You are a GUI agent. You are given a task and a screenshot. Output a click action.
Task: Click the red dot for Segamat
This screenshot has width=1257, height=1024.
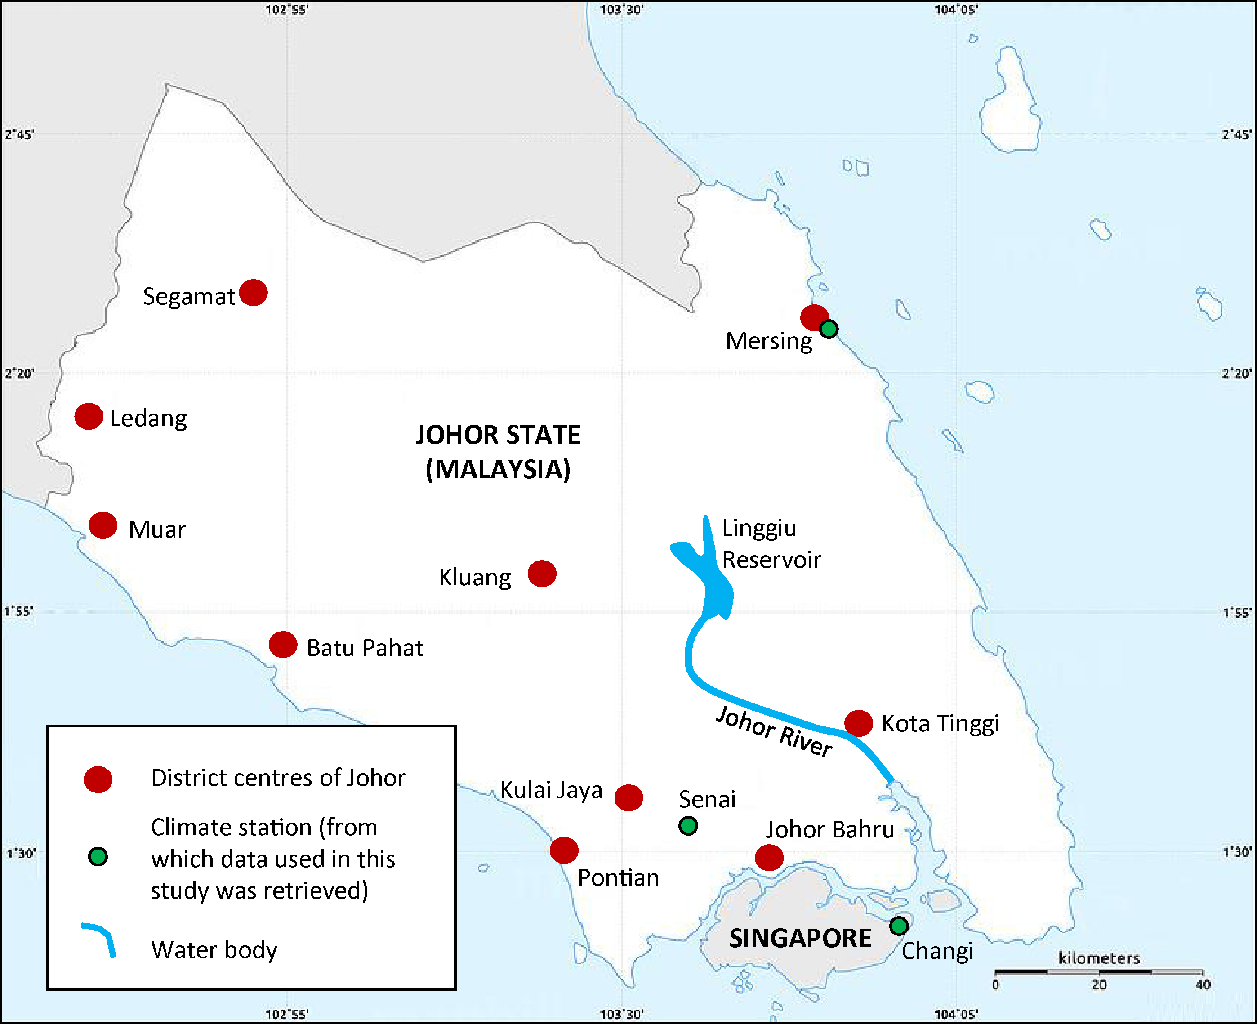point(254,293)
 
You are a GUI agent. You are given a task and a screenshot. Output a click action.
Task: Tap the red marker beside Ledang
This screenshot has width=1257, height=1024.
point(89,416)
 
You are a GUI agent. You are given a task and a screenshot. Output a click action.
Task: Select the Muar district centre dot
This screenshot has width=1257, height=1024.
point(103,525)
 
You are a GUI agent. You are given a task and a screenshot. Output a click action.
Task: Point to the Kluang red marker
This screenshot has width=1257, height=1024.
point(541,573)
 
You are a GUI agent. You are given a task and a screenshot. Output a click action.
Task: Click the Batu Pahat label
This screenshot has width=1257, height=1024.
point(365,648)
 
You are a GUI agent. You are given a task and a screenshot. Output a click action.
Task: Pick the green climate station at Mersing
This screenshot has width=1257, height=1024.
point(828,329)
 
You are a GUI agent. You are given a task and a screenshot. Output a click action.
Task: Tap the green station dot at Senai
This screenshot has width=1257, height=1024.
point(688,825)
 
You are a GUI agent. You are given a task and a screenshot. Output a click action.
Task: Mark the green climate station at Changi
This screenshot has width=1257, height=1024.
point(898,926)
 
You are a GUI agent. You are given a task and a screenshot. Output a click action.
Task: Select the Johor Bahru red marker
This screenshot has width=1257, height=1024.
point(769,857)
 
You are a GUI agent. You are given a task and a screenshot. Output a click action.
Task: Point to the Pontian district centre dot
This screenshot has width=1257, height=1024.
point(564,850)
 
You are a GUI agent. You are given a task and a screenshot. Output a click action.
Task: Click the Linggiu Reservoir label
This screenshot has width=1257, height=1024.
point(771,543)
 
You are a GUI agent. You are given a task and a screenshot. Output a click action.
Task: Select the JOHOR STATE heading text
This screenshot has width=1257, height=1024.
point(498,435)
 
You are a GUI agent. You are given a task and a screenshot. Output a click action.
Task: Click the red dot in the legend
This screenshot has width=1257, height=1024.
point(98,779)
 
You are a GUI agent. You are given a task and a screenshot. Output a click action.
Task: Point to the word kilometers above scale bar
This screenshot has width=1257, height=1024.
point(1098,958)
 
